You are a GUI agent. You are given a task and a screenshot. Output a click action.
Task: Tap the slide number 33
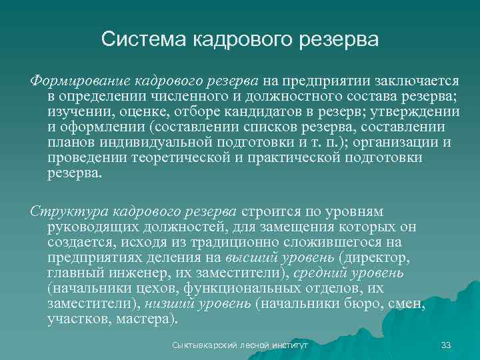pyautogui.click(x=446, y=345)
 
